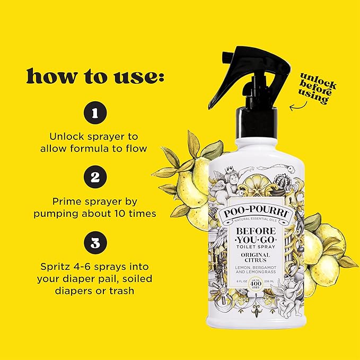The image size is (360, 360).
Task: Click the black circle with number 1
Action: point(96,113)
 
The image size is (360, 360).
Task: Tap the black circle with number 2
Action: point(96,177)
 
